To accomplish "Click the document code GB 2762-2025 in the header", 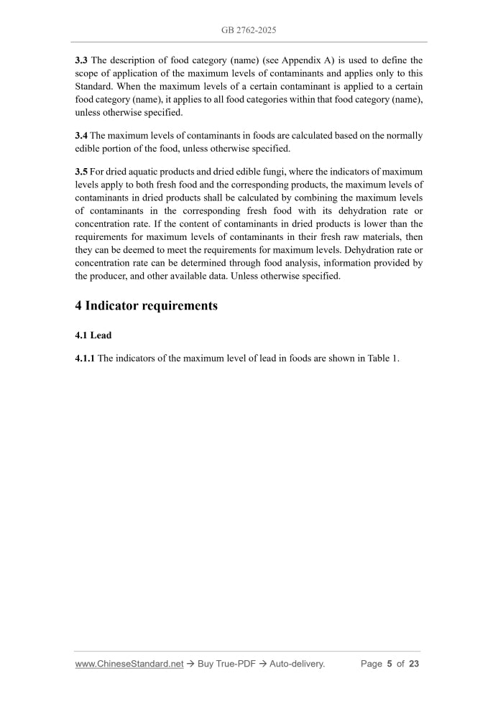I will (249, 31).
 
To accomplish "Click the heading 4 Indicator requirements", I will (146, 305).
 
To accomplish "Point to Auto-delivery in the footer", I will (296, 664).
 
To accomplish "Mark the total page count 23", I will (413, 664).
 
